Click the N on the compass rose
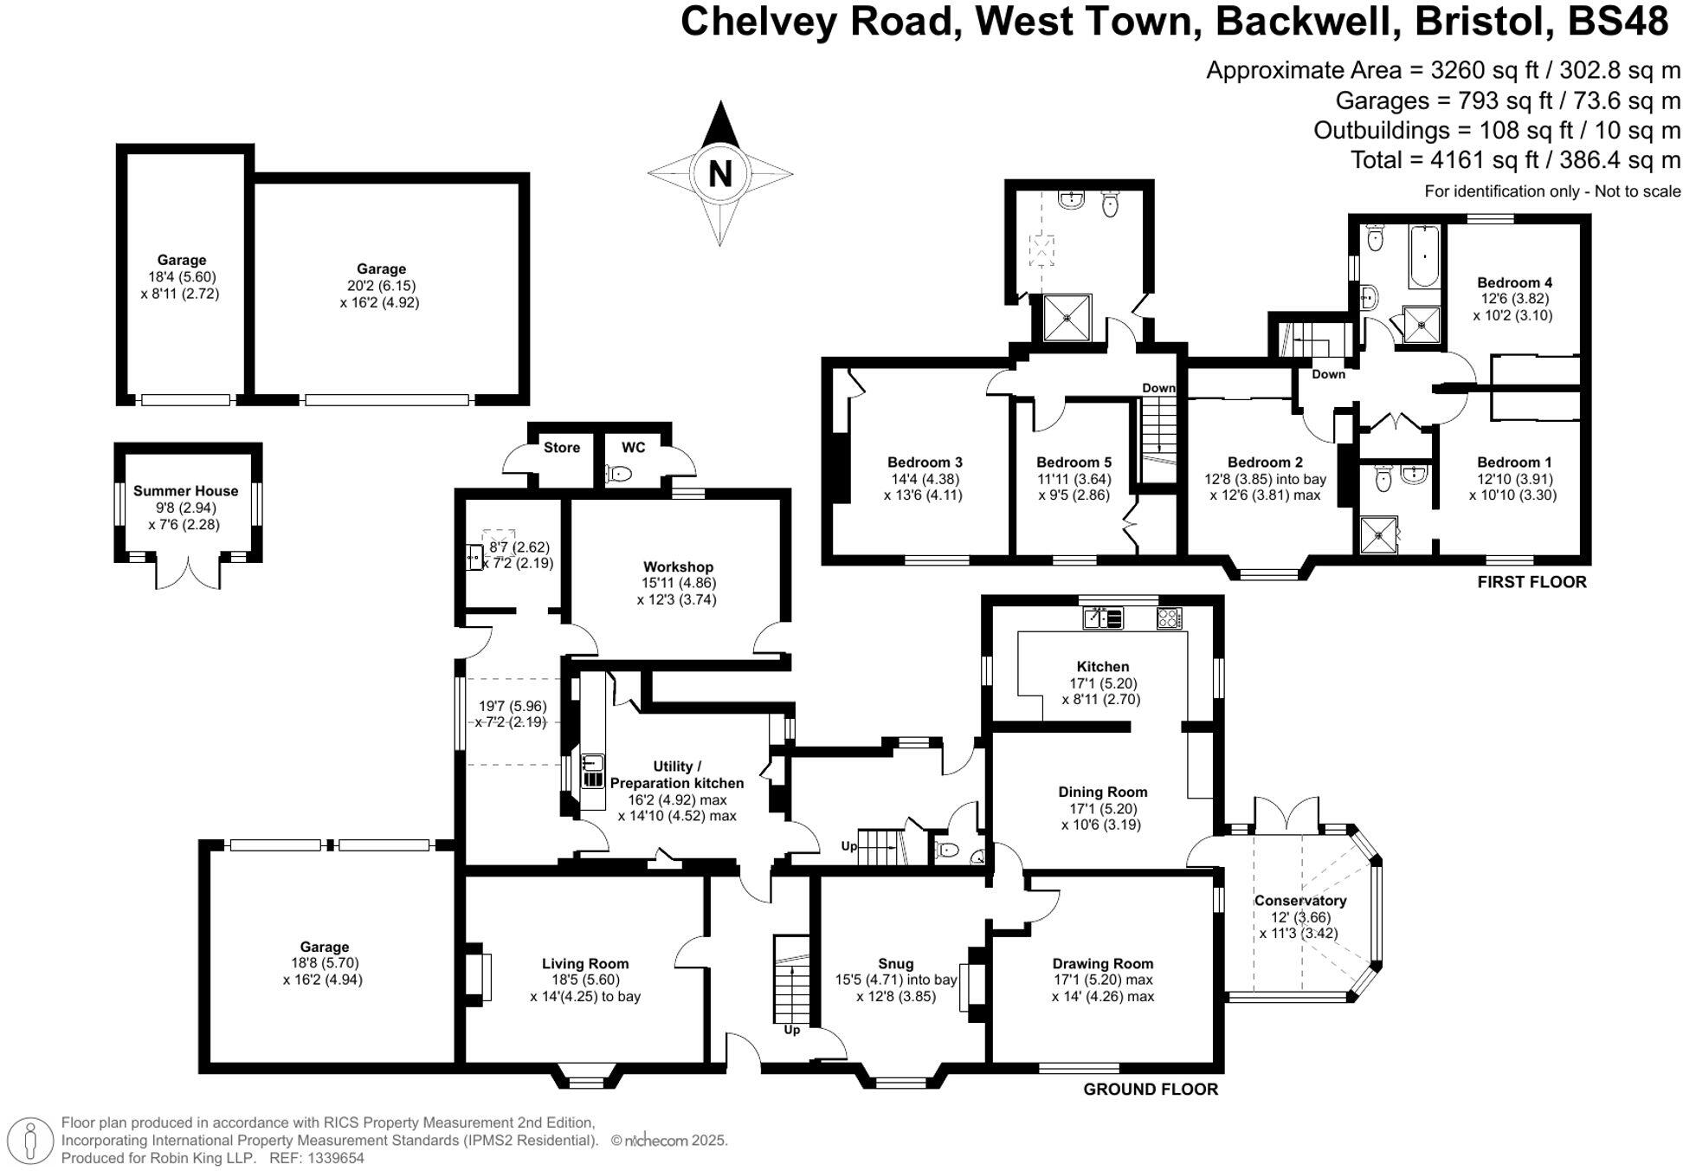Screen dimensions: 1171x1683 (719, 174)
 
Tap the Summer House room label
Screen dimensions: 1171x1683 (185, 491)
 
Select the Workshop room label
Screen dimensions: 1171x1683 (678, 567)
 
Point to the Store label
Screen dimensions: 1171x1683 (561, 448)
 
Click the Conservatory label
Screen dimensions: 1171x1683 (1299, 901)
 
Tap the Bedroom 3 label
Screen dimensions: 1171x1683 (925, 463)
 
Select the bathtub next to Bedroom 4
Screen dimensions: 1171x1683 (1424, 257)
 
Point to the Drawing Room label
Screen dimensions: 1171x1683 (1102, 963)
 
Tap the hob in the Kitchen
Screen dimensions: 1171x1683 (1169, 618)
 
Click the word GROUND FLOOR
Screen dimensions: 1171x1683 (1151, 1090)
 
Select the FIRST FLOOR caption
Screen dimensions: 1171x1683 (1531, 582)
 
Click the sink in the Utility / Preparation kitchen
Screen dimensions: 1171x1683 (593, 763)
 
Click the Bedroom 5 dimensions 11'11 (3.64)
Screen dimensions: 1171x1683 (1074, 479)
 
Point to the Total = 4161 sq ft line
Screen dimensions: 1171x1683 (1515, 160)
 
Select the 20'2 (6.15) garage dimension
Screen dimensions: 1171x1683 (381, 286)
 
